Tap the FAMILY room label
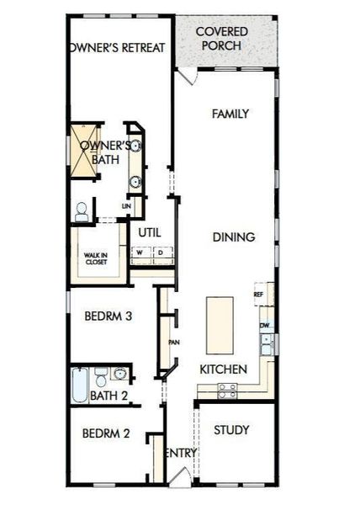coord(230,114)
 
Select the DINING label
coord(233,237)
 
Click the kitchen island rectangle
coord(220,324)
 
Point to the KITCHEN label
coord(223,369)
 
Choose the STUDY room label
coord(231,430)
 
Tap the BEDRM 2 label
coord(106,434)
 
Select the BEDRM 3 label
coord(106,317)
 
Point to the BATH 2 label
coord(109,395)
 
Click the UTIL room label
coord(150,232)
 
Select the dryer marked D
coord(160,252)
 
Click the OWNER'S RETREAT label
coord(115,48)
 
